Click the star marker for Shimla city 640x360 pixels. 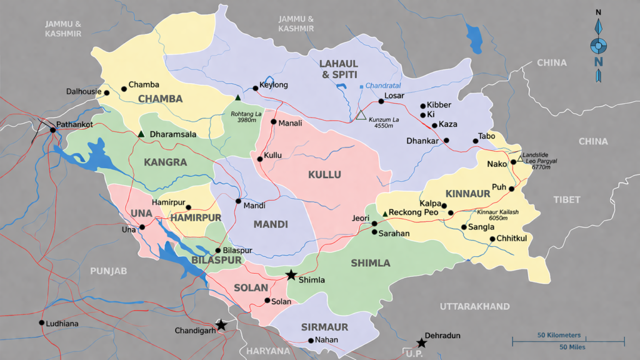click(x=291, y=274)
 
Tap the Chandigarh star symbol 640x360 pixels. click(x=221, y=324)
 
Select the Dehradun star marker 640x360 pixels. click(x=421, y=342)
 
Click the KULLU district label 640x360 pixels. click(x=324, y=174)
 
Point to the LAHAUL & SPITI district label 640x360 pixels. click(x=339, y=69)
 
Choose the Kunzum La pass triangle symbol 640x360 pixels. click(x=361, y=115)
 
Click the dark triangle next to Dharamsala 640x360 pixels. click(x=142, y=134)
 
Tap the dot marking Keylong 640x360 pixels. click(x=255, y=88)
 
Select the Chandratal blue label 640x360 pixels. click(x=382, y=86)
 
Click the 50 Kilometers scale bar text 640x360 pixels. click(x=559, y=335)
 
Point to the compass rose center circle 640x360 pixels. click(x=599, y=46)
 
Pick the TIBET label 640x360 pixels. click(x=566, y=199)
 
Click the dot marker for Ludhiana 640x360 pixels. click(x=42, y=323)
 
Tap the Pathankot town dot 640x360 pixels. click(x=53, y=130)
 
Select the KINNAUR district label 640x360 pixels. click(x=467, y=194)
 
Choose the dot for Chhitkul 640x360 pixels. click(x=492, y=239)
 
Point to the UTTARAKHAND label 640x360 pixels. click(x=474, y=306)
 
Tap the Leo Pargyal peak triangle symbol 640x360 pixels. click(x=520, y=159)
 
